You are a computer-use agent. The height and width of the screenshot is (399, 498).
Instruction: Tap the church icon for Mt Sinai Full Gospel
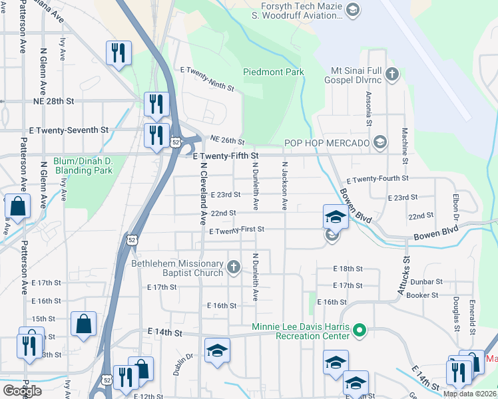coord(392,74)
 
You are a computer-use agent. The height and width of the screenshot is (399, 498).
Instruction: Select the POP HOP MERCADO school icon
coord(380,142)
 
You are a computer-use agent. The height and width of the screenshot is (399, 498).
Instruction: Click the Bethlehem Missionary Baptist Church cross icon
coord(233,267)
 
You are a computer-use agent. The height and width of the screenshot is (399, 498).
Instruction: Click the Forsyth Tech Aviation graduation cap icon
coord(353,9)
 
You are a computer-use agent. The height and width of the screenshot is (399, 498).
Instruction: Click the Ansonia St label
coord(368,108)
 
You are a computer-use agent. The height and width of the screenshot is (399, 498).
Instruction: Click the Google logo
coord(22,391)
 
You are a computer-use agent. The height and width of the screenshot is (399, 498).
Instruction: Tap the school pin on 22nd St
coord(335,216)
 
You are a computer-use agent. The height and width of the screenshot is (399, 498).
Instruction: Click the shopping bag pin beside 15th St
coord(85,324)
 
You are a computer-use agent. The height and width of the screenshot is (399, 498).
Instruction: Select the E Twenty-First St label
coord(236,230)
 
